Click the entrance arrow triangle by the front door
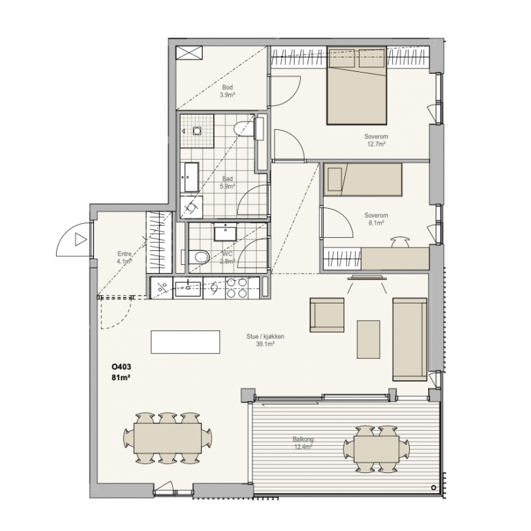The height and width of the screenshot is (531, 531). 80,239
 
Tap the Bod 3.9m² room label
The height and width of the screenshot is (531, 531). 227,91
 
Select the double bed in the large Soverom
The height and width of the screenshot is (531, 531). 357,85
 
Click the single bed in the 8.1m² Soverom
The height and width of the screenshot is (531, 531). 363,180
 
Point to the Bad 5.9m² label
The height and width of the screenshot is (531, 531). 227,183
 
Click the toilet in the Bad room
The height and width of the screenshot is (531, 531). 245,129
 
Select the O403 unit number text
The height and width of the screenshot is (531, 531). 121,366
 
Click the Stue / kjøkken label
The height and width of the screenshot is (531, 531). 265,337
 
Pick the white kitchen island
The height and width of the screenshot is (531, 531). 185,342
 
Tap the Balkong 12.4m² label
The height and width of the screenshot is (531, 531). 303,443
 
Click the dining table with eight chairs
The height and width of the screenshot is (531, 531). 168,438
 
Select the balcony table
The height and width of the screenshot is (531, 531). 376,449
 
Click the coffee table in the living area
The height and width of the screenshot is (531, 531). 369,339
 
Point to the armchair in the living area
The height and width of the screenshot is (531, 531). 327,315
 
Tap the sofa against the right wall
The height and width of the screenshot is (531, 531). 410,339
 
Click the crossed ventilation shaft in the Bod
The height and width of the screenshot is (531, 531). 189,53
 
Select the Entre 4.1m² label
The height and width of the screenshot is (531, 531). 124,257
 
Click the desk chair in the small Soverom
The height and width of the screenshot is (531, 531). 400,242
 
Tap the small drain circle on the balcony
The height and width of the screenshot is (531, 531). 434,487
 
